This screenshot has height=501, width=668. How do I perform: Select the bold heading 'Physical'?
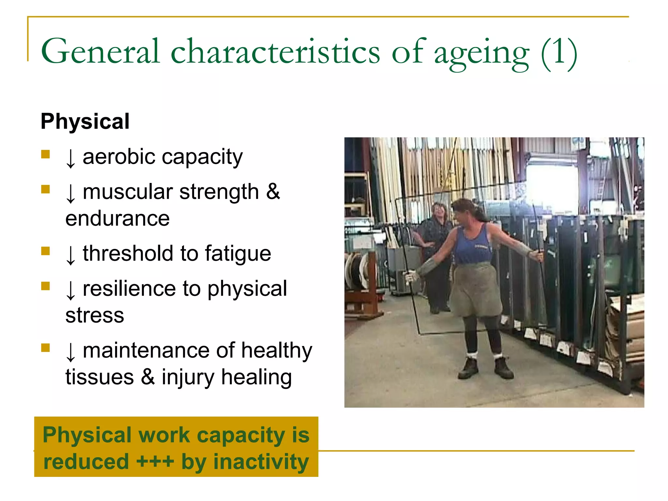point(85,121)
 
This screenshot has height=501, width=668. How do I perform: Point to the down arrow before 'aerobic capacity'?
point(70,159)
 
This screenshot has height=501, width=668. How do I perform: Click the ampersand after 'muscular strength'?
point(273,192)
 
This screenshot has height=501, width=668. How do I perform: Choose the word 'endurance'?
point(117,219)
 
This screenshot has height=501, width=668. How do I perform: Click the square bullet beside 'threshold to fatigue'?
point(45,251)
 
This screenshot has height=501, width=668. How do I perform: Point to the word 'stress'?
point(95,315)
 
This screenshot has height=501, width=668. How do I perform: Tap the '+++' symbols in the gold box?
point(155,462)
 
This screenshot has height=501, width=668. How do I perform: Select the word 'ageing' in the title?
point(482,54)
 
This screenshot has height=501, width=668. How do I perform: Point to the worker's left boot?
point(504,368)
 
